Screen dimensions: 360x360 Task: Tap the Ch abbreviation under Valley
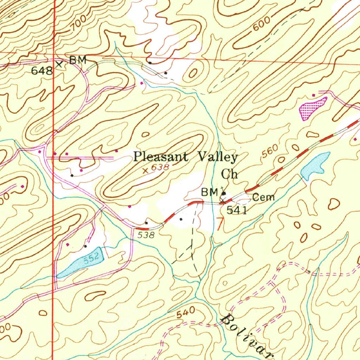pos(229,174)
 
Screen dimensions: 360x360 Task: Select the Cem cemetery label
pos(263,198)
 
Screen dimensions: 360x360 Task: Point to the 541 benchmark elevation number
pos(237,211)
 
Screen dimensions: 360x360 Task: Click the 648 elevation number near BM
pos(42,71)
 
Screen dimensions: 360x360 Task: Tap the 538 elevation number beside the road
pos(146,235)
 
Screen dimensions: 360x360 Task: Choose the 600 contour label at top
pos(261,26)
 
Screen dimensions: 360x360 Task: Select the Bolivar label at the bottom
pos(246,334)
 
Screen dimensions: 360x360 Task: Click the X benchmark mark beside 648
pos(59,64)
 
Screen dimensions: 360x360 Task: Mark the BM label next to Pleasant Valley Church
pos(209,192)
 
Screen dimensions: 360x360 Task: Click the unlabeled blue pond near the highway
pos(315,165)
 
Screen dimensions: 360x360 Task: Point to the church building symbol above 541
pos(224,193)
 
